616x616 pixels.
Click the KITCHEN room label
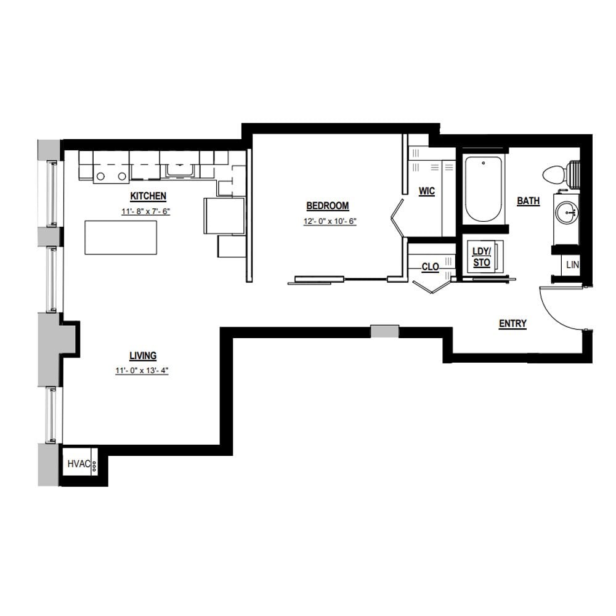tap(148, 196)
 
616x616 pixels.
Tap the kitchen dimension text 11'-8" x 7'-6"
tap(146, 211)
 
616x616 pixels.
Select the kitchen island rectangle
tap(121, 237)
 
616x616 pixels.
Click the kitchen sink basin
tap(180, 170)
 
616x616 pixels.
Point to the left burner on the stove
tap(101, 176)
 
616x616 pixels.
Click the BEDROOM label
tap(328, 206)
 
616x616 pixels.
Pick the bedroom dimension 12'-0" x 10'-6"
tap(330, 221)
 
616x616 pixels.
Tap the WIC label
tap(427, 191)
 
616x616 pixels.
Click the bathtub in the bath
tap(483, 189)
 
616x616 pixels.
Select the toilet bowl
tap(554, 174)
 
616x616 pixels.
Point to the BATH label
tap(529, 201)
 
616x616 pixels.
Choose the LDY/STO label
tap(482, 257)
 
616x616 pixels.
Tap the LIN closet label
tap(572, 265)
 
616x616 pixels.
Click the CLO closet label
tap(430, 267)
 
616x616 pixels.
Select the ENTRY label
tap(513, 323)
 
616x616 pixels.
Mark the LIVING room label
tap(143, 355)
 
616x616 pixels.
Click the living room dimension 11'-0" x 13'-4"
tap(142, 370)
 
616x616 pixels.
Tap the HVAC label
tap(79, 464)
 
